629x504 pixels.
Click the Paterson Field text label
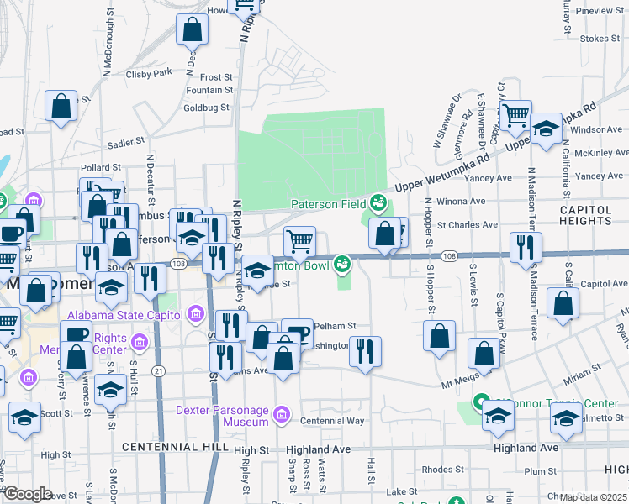[328, 204]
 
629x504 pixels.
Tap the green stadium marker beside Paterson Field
[378, 202]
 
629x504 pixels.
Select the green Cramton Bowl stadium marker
[341, 265]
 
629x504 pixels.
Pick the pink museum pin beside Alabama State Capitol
[196, 315]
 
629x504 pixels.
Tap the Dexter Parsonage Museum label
[221, 412]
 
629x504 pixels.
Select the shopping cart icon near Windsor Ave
[515, 113]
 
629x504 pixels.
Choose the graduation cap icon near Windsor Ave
[546, 129]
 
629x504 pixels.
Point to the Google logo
[28, 493]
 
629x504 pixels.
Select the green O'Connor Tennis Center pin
[481, 402]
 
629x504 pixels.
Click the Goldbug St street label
[206, 108]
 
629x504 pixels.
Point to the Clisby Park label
[149, 73]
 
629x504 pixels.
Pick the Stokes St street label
[600, 39]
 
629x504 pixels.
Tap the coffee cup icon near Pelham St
[296, 332]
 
